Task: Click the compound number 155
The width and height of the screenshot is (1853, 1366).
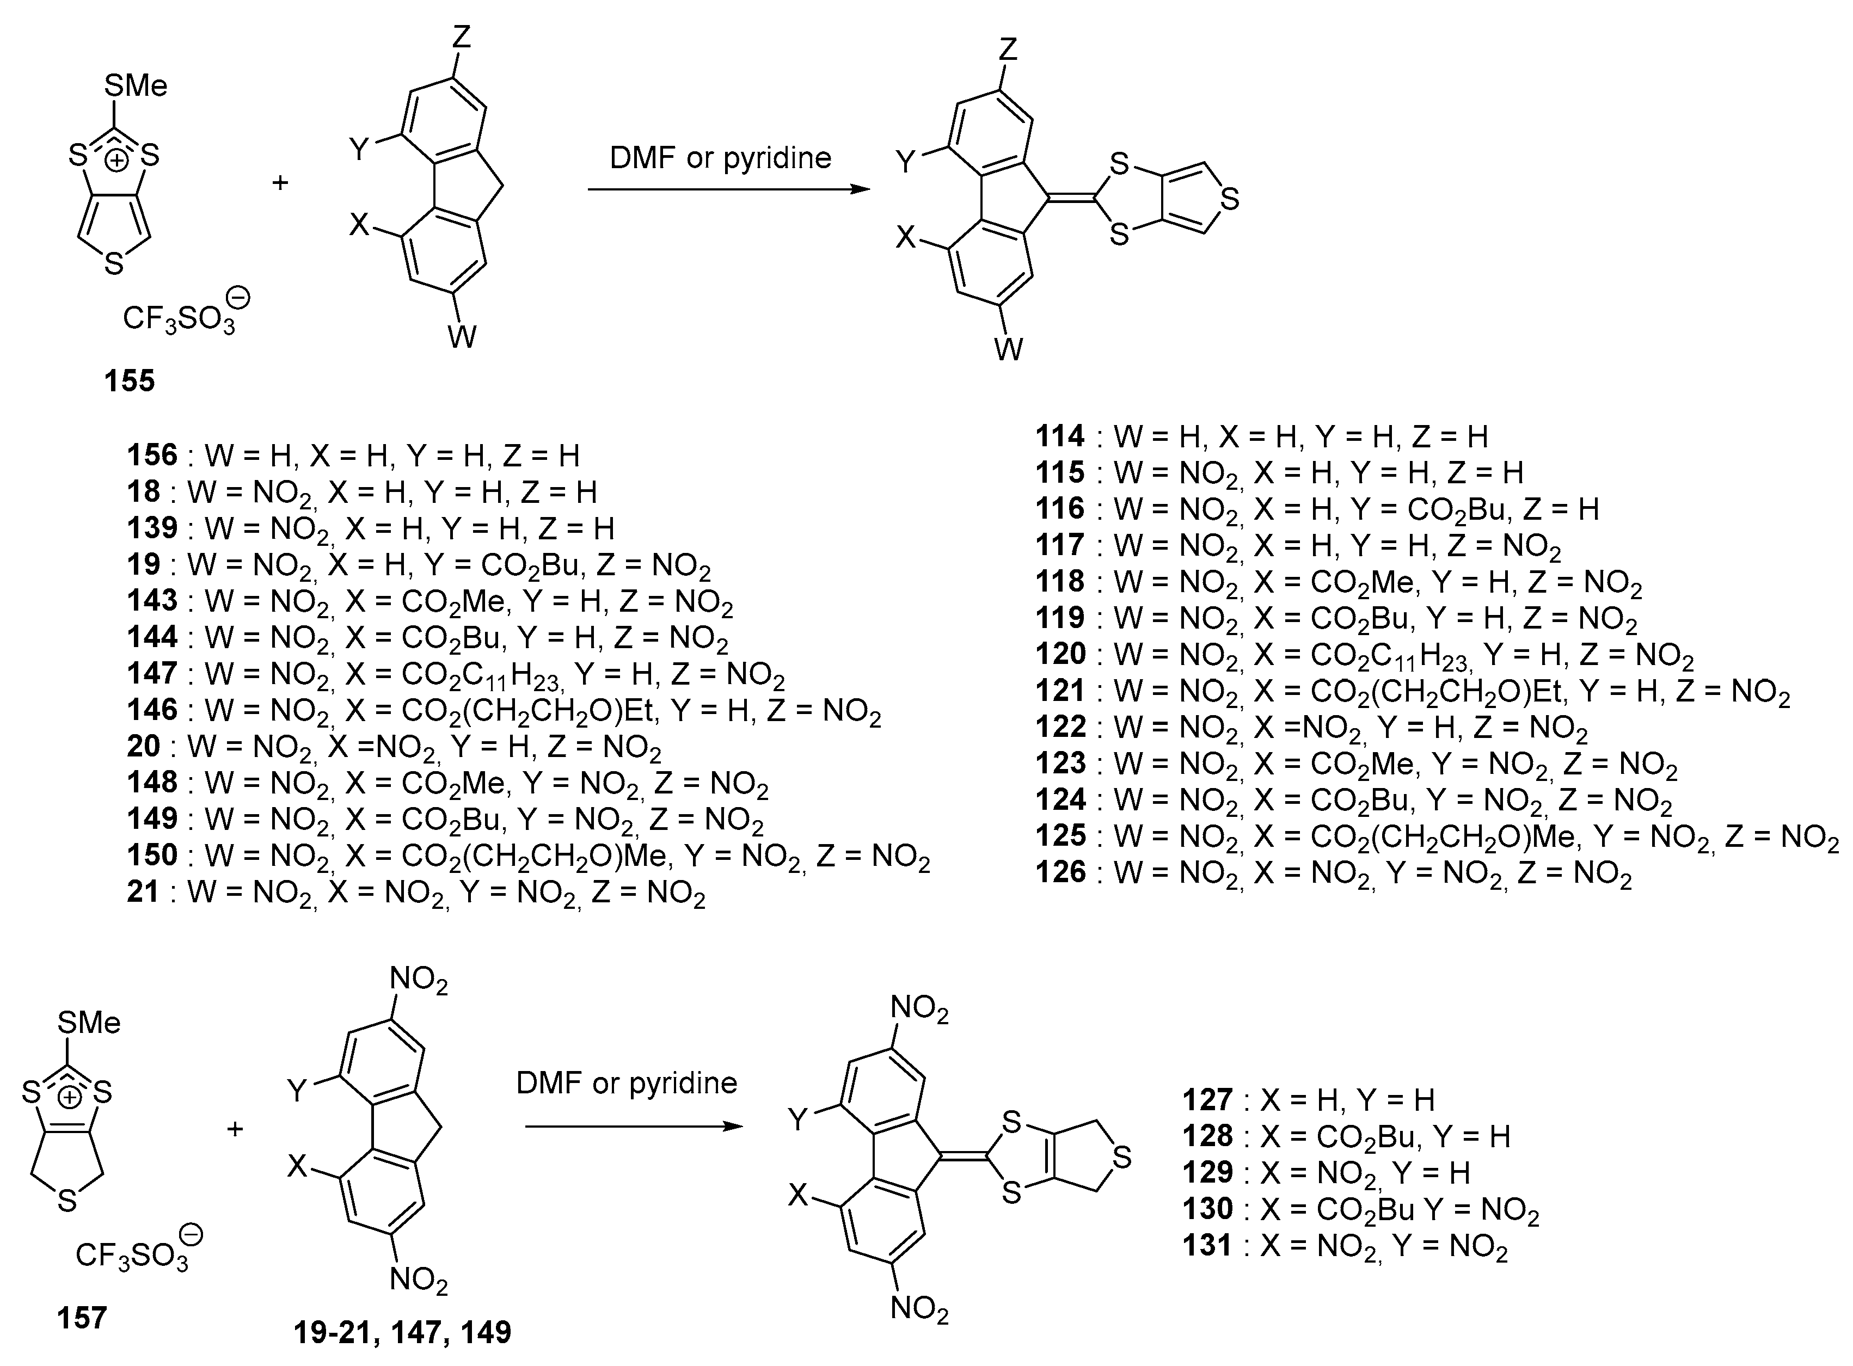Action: click(129, 381)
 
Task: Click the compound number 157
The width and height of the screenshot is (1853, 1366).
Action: click(82, 1316)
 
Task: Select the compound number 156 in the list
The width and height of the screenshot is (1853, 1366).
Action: click(152, 455)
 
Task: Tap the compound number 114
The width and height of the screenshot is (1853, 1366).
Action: click(1060, 436)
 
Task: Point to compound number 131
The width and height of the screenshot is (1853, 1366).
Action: click(1207, 1245)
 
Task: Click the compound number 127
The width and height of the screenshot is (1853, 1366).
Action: click(1207, 1100)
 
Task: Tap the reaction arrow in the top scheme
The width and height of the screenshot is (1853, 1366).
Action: click(728, 189)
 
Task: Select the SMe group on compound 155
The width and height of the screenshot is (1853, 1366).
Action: click(137, 85)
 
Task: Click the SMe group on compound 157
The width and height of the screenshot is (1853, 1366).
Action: click(89, 1023)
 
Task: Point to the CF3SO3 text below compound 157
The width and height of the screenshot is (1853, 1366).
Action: click(132, 1254)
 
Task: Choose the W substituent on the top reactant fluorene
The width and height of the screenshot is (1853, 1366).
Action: click(462, 336)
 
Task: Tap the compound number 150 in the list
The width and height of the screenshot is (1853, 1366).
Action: click(152, 854)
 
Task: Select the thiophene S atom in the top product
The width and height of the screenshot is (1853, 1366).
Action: click(1230, 199)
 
